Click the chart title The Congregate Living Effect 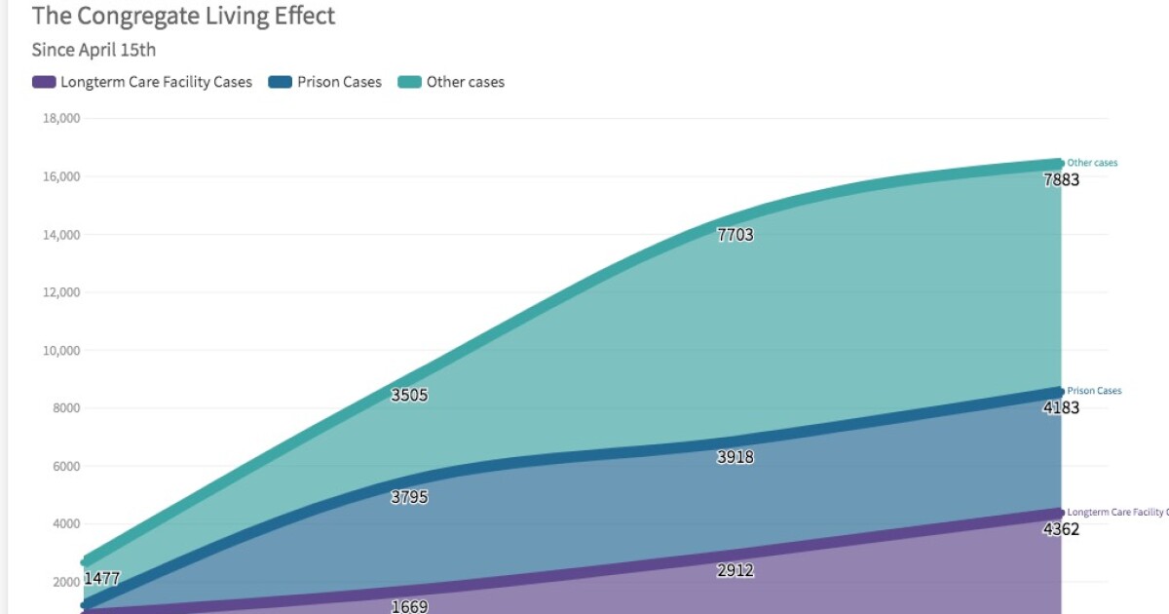pos(183,17)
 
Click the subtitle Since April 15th pos(94,50)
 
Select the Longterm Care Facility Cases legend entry pos(142,82)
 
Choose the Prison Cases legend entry pos(325,82)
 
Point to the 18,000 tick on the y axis pos(61,119)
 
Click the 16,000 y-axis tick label pos(61,176)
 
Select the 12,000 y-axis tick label pos(61,292)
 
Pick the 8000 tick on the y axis pos(65,408)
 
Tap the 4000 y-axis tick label pos(65,524)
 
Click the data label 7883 pos(1061,179)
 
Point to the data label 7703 pos(735,235)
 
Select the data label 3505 pos(409,396)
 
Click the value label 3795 pos(409,497)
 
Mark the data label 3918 pos(735,457)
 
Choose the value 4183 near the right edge pos(1061,407)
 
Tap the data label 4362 pos(1061,529)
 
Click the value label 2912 pos(735,570)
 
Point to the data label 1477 pos(102,578)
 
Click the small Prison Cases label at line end pos(1094,391)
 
